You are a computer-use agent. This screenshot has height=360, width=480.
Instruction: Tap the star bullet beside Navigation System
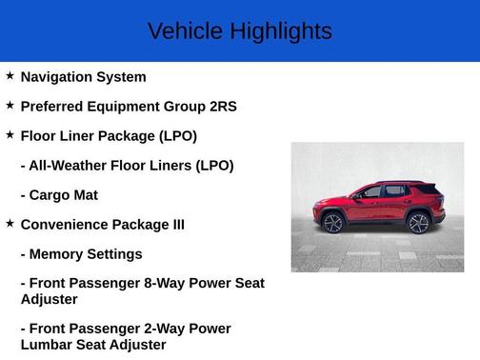tap(10, 75)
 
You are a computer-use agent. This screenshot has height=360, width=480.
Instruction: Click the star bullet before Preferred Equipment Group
tap(10, 105)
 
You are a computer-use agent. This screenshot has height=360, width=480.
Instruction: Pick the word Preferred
tap(53, 107)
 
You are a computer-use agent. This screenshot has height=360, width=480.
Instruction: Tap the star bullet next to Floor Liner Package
tap(10, 134)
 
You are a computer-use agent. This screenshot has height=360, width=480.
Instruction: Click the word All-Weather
tap(70, 166)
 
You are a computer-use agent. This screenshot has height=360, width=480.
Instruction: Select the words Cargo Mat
tap(64, 195)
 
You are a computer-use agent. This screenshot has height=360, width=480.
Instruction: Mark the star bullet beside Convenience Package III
tap(10, 223)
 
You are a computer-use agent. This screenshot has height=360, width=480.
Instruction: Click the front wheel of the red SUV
tap(333, 223)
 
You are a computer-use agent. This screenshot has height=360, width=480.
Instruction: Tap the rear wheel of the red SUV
tap(418, 223)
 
